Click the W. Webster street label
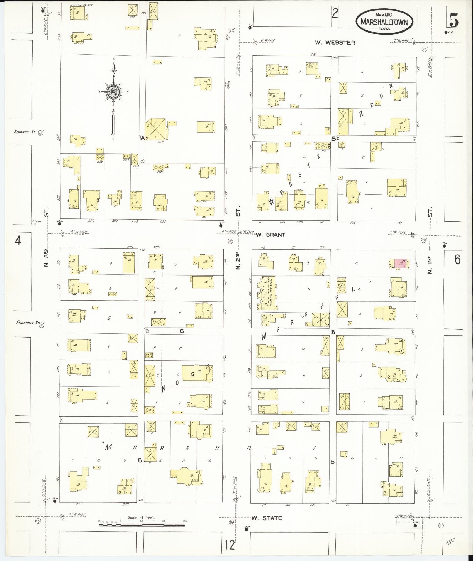[335, 43]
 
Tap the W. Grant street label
[270, 235]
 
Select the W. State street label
[267, 518]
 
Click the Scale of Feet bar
[142, 525]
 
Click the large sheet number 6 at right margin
[457, 259]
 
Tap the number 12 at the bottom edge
[230, 545]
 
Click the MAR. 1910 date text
[384, 14]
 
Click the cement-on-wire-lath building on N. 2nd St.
[268, 293]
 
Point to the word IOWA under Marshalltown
[384, 29]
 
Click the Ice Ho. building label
[149, 355]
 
